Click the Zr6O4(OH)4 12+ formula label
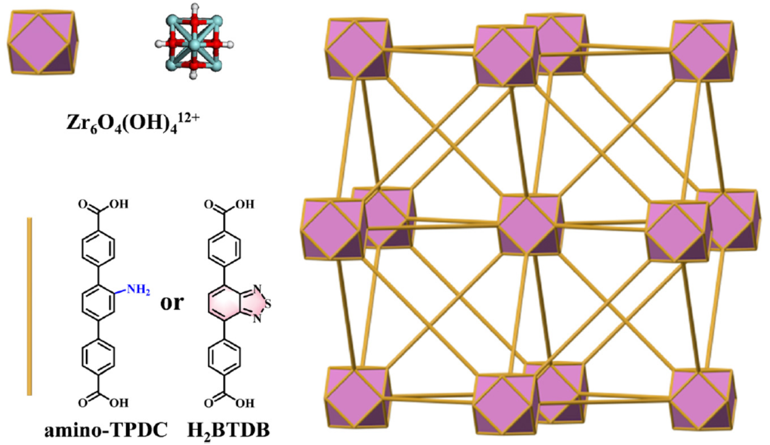coord(133,121)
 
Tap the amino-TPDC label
coord(106,430)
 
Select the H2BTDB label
coord(228,431)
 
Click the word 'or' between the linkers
coord(172,303)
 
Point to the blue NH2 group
coord(139,290)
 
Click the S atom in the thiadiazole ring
coord(268,304)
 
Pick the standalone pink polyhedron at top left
coord(43,42)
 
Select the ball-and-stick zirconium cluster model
coord(194,42)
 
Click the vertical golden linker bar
coord(30,306)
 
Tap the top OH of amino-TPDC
coord(119,204)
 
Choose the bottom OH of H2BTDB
coord(245,403)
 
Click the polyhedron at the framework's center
coord(530,225)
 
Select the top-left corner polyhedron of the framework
coord(358,48)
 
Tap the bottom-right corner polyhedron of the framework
coord(703,399)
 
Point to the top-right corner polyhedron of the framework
coord(703,51)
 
